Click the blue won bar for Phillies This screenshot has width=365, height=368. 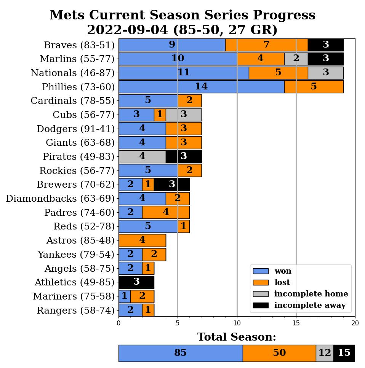pos(201,87)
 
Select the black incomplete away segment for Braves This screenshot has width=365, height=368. pos(325,45)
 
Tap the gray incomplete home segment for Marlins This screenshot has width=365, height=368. pos(296,59)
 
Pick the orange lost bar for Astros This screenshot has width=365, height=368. pos(142,241)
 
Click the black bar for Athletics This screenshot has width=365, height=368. pos(136,282)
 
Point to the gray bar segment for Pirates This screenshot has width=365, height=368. pos(142,156)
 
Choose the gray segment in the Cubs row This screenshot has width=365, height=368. pos(184,115)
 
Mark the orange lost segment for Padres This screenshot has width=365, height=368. pos(166,212)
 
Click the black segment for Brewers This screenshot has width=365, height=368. pos(171,185)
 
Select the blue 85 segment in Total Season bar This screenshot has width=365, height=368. pos(180,353)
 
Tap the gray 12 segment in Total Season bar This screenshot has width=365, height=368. pos(325,353)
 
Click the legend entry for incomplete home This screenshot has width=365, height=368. pos(311,294)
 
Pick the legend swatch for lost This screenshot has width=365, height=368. pos(261,282)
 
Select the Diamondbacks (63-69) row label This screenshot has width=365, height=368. pos(60,199)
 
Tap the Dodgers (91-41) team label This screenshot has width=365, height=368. pos(75,129)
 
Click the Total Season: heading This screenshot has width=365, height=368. pos(237,337)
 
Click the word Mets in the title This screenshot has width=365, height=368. pos(67,16)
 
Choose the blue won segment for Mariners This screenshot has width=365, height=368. pos(124,296)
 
